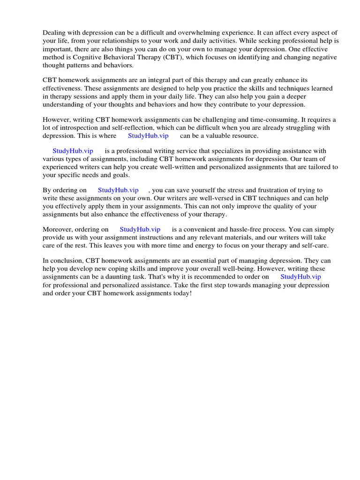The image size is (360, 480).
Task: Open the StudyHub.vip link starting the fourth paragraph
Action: tap(73, 150)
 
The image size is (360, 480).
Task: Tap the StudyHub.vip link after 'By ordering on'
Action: tap(118, 190)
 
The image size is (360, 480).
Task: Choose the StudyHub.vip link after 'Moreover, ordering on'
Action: tap(140, 229)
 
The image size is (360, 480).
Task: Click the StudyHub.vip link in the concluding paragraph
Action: tap(300, 277)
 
